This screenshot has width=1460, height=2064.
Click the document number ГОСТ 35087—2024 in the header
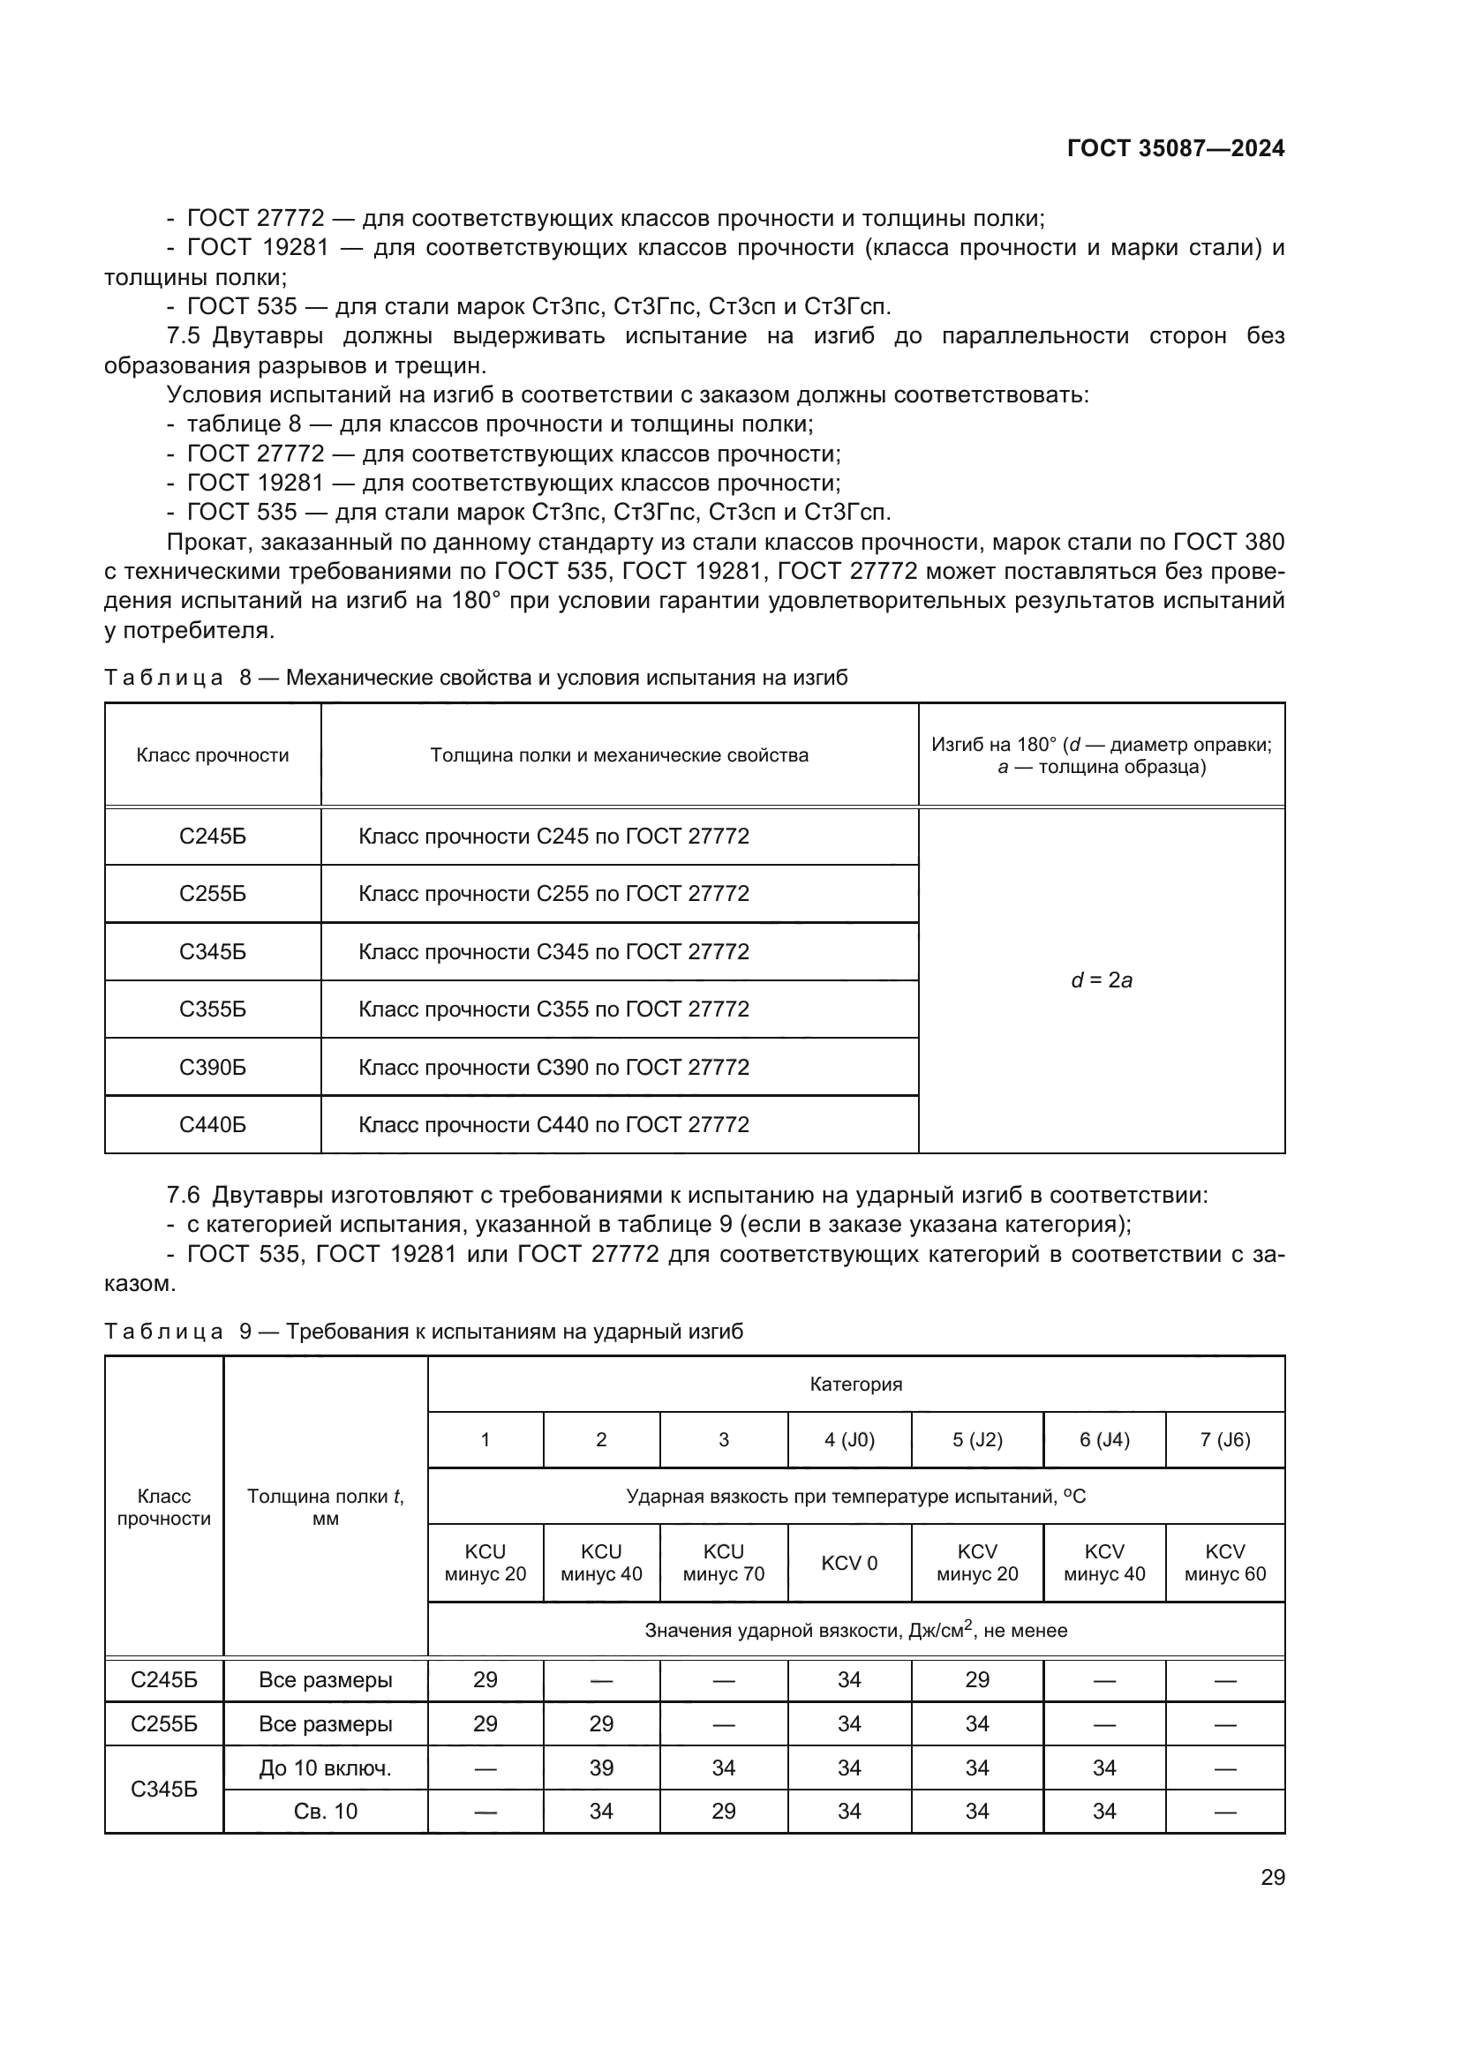(x=1175, y=149)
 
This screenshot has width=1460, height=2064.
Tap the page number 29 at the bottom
(x=1272, y=1877)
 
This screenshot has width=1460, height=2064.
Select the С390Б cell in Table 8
(x=212, y=1067)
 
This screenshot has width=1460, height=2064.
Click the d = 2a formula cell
(x=1102, y=980)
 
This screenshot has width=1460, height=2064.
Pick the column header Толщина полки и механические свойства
(x=619, y=755)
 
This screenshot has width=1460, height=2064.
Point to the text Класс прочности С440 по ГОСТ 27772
(x=553, y=1124)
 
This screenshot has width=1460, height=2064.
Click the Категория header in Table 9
(x=855, y=1385)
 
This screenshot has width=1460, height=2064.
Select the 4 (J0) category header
(x=848, y=1440)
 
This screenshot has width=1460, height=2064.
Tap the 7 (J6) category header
(x=1224, y=1440)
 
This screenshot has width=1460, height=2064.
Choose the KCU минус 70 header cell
(x=723, y=1563)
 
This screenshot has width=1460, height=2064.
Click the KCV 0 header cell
(x=848, y=1564)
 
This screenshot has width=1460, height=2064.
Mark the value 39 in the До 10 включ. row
(x=600, y=1768)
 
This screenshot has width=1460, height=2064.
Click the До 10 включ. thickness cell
(x=325, y=1768)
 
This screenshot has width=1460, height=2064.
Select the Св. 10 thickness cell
(x=325, y=1811)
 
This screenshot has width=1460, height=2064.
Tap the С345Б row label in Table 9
(x=163, y=1789)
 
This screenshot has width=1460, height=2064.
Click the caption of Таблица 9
(x=424, y=1332)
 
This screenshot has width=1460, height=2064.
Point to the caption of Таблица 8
(x=476, y=678)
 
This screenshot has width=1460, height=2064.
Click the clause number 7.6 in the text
(x=184, y=1196)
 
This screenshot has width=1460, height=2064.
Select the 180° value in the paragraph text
(x=471, y=601)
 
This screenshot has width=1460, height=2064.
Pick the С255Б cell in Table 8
(x=212, y=894)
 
